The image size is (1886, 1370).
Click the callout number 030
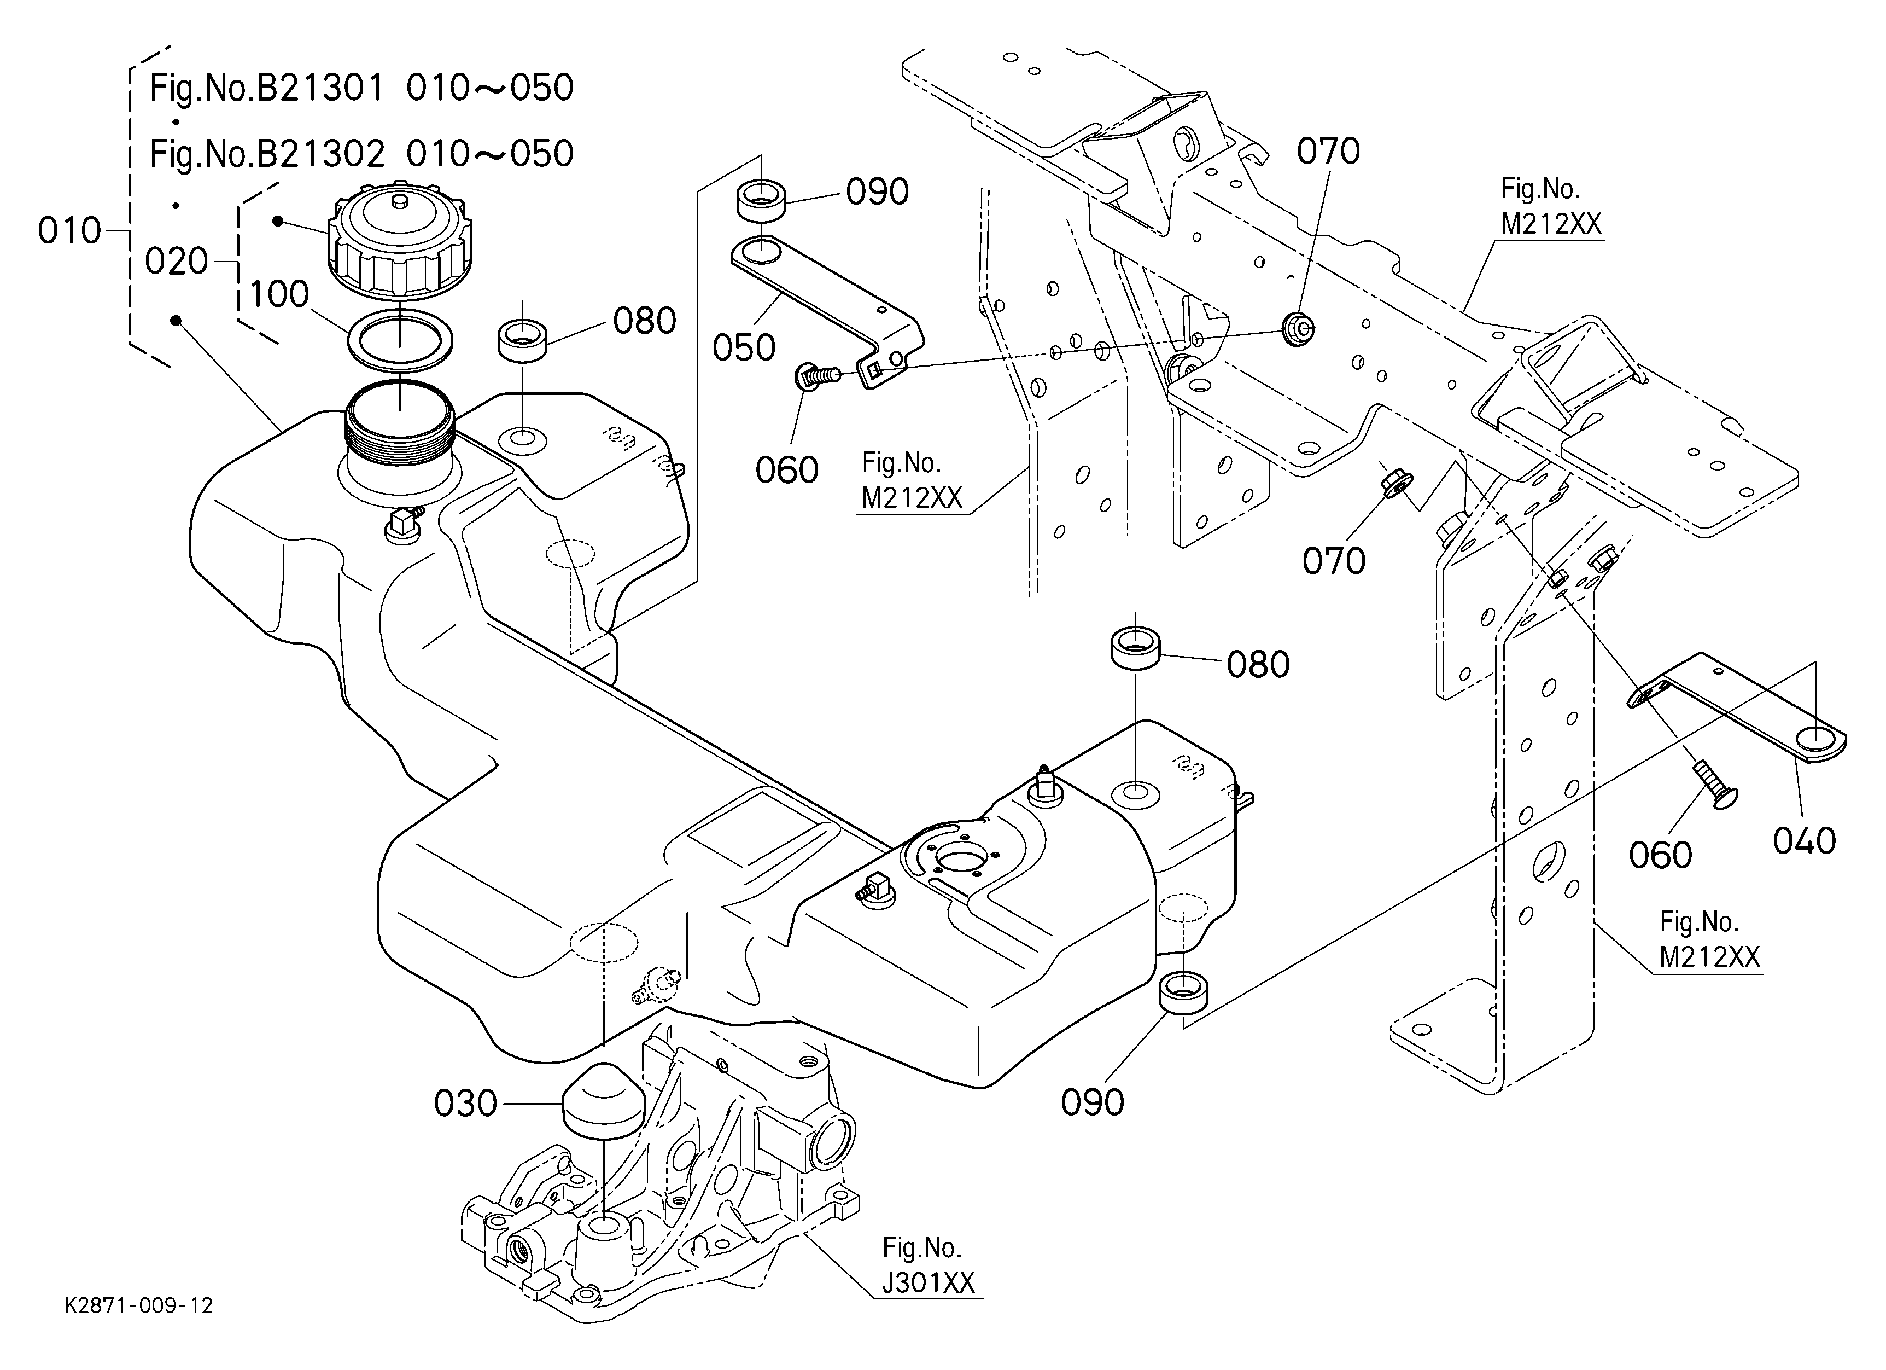465,1104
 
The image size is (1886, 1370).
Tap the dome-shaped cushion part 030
604,1100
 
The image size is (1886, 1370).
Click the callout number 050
744,348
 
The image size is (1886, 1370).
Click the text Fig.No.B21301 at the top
267,88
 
